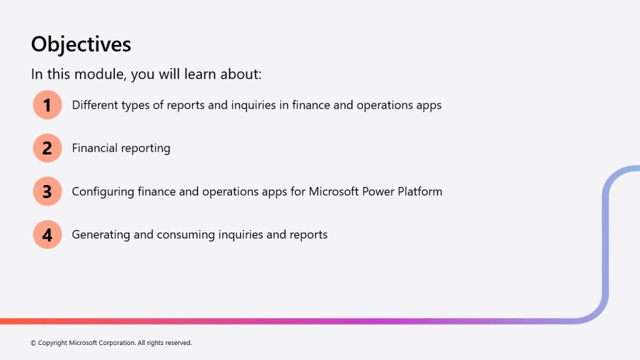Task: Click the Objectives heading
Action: tap(81, 44)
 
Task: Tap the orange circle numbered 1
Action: tap(47, 105)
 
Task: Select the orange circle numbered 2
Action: tap(47, 148)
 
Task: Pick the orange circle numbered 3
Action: tap(47, 191)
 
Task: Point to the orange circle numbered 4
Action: tap(47, 235)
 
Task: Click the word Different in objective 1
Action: tap(95, 105)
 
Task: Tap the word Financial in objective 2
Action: tap(95, 147)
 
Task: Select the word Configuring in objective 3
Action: tap(103, 192)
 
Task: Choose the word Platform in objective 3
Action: tap(420, 191)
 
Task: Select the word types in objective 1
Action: tap(135, 105)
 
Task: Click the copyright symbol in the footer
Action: tap(34, 343)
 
